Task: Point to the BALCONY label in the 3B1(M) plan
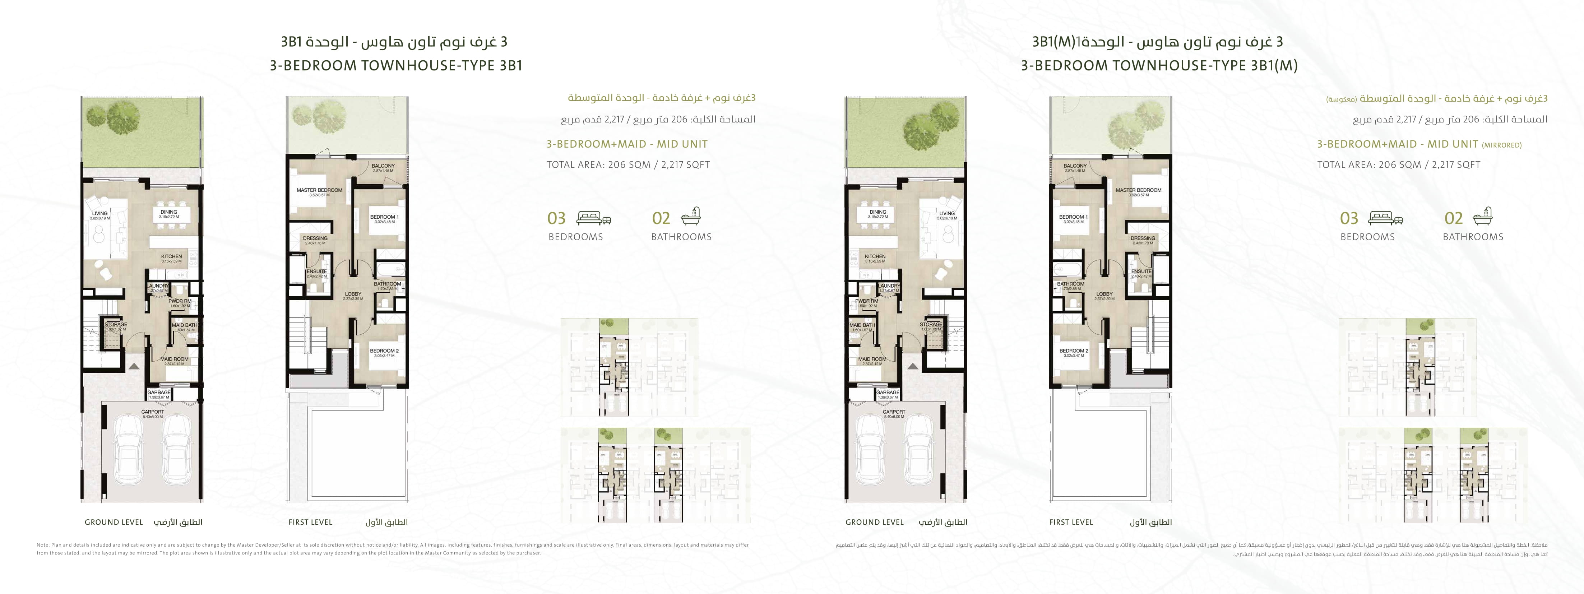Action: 1075,166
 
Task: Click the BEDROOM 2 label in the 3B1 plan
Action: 384,351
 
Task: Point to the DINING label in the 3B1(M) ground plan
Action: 877,212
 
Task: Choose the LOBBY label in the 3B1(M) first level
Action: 1104,294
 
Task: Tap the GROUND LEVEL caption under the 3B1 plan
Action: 114,522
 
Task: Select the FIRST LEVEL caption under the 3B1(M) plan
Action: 1071,522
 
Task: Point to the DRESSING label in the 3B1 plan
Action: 315,238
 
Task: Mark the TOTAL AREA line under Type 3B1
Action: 628,165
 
